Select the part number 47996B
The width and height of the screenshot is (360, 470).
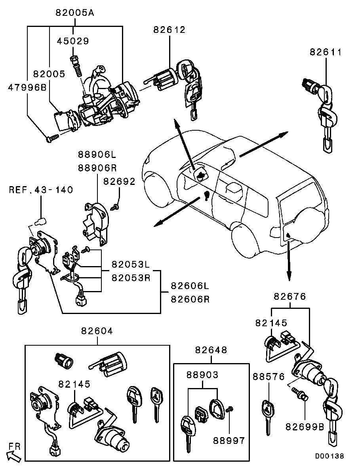coord(27,88)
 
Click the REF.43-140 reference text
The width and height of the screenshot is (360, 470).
coord(41,190)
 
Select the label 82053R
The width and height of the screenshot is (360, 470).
coord(131,277)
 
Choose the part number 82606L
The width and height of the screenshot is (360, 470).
coord(190,285)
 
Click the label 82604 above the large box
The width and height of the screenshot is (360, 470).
coord(97,331)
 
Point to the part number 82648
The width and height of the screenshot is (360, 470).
coord(211,350)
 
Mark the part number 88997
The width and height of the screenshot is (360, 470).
coord(229,440)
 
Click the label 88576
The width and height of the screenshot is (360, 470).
coord(269,377)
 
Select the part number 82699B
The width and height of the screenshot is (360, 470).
coord(304,426)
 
